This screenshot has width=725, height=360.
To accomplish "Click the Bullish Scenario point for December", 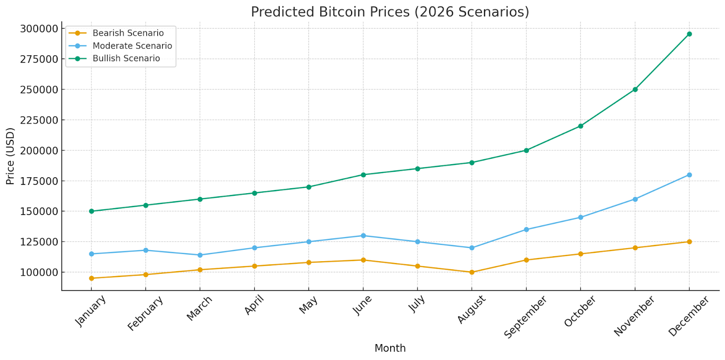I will [x=689, y=34].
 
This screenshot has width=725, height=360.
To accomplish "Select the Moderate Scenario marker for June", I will [x=363, y=236].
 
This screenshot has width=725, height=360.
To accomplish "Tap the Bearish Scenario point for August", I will [x=472, y=272].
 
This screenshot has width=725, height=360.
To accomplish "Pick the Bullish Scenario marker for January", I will [x=92, y=211].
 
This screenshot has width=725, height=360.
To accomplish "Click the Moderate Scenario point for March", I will [x=200, y=255].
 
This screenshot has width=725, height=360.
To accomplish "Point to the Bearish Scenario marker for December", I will [x=689, y=242].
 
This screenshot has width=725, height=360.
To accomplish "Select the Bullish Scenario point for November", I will [x=635, y=89].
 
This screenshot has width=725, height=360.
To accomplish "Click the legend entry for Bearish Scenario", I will [x=128, y=33].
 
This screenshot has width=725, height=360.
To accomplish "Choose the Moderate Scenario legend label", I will [x=132, y=46].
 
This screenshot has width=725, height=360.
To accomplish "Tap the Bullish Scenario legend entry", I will [x=126, y=58].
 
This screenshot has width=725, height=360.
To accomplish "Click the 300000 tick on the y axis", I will [x=39, y=29].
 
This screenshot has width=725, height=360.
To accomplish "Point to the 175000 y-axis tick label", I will [x=39, y=181].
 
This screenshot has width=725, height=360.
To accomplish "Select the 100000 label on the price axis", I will [x=39, y=272].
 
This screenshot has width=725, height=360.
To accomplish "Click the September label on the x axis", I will [x=526, y=316].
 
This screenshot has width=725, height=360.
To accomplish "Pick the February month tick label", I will [x=145, y=313].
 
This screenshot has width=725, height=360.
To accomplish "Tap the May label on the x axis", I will [x=309, y=305].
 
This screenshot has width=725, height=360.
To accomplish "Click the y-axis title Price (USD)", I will [x=10, y=156].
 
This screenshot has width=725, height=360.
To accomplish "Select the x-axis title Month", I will [x=390, y=348].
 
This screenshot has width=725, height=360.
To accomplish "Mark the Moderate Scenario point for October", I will [x=580, y=217].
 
